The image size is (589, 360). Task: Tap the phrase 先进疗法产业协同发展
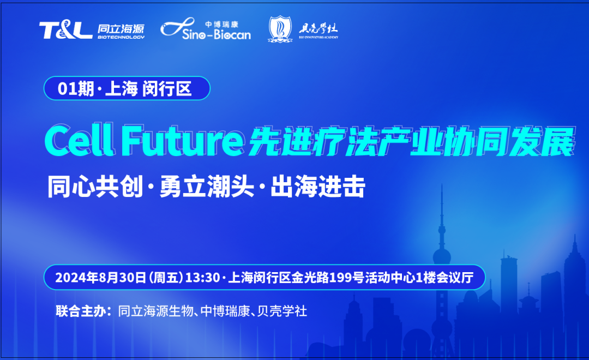410,143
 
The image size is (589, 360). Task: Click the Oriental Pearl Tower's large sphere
442,256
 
